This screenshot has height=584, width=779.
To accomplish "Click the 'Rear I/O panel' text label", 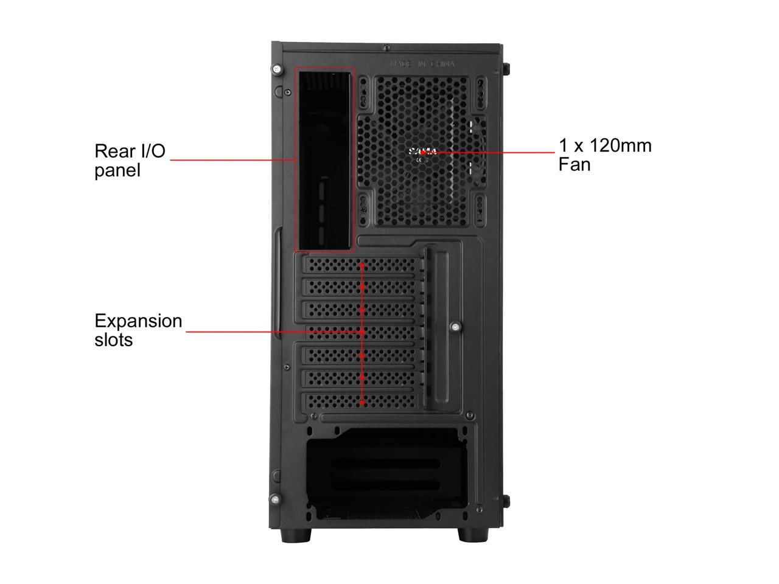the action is pyautogui.click(x=130, y=160).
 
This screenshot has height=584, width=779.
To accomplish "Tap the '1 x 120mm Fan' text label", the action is pyautogui.click(x=604, y=155).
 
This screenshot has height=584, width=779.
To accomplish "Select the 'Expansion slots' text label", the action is pyautogui.click(x=138, y=330).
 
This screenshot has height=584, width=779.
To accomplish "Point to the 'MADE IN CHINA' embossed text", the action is pyautogui.click(x=422, y=64).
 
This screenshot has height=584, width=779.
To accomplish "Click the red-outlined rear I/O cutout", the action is pyautogui.click(x=324, y=159).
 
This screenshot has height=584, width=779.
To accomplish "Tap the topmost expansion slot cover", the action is pyautogui.click(x=360, y=265).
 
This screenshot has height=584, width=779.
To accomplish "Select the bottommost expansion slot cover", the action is pyautogui.click(x=360, y=400).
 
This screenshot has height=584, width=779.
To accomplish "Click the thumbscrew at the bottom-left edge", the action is pyautogui.click(x=276, y=501).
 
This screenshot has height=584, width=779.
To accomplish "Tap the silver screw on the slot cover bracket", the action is pyautogui.click(x=455, y=327).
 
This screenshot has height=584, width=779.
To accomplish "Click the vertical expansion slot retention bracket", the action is pyautogui.click(x=436, y=328).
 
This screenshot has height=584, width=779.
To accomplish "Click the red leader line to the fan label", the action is pyautogui.click(x=493, y=152).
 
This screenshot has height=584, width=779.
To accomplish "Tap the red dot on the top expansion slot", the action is pyautogui.click(x=362, y=265).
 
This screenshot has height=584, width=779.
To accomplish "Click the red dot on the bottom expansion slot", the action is pyautogui.click(x=362, y=402).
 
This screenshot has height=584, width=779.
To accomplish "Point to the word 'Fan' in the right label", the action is pyautogui.click(x=575, y=164).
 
